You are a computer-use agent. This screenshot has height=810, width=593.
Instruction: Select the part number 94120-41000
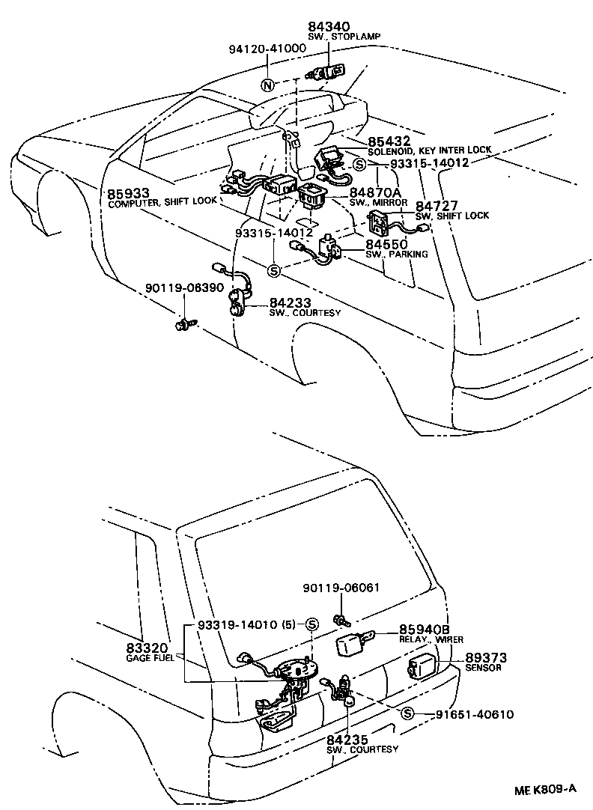[x=267, y=49]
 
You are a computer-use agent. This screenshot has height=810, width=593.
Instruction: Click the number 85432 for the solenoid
[x=389, y=141]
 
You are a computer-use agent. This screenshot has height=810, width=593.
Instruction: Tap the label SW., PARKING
[x=396, y=255]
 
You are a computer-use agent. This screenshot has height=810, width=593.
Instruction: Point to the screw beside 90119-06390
[x=181, y=324]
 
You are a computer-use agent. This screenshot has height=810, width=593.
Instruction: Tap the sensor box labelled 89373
[x=420, y=667]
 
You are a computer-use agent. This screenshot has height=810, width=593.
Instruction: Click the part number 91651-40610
[x=475, y=714]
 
